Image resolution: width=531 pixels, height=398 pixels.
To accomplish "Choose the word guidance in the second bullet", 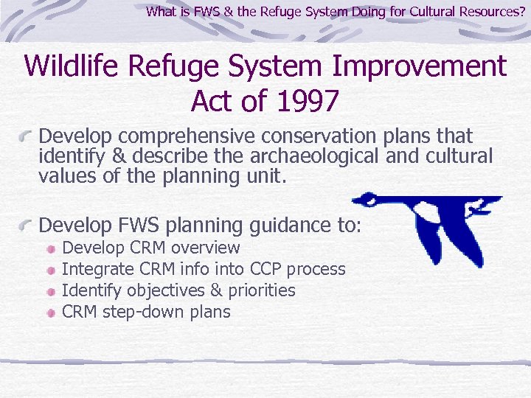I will pyautogui.click(x=284, y=224).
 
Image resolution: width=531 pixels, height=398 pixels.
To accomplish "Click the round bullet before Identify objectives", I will pyautogui.click(x=50, y=292).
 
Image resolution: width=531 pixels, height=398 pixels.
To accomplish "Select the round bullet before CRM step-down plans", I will pyautogui.click(x=50, y=313).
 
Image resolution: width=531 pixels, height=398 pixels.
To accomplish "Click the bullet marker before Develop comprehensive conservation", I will pyautogui.click(x=27, y=138).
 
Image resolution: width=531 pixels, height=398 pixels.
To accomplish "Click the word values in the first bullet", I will pyautogui.click(x=64, y=176).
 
